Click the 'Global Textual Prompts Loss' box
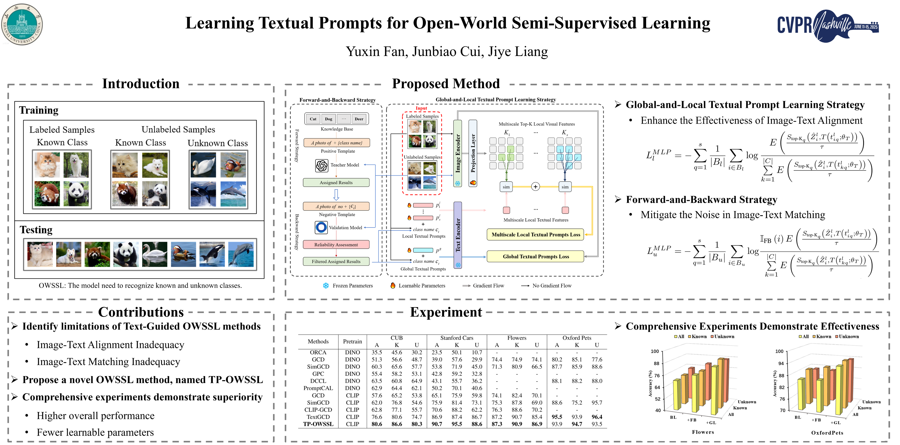click(536, 256)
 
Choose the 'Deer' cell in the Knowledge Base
click(359, 119)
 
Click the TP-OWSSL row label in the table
click(318, 424)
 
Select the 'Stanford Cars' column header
click(457, 338)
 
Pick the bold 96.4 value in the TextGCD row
click(597, 417)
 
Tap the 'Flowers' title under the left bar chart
click(703, 432)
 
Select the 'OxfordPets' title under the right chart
click(827, 433)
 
